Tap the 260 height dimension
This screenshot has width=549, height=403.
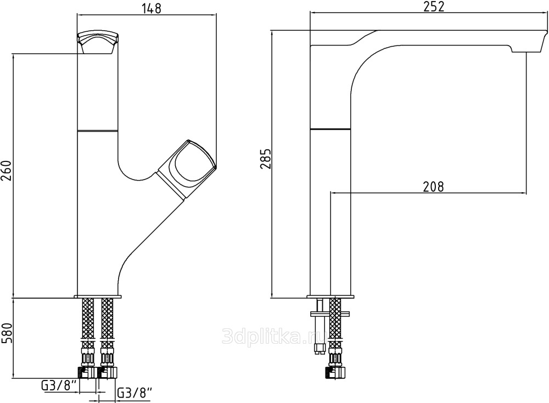[x=7, y=171]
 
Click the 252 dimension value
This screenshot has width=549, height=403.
[x=433, y=6]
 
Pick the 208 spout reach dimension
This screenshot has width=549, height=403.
[x=433, y=186]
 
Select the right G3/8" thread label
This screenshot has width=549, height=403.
[x=135, y=393]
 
